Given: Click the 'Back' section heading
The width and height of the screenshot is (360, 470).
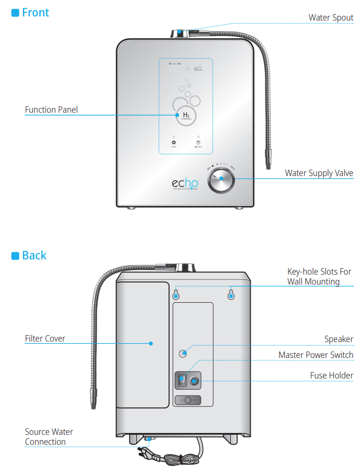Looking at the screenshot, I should point(34,255).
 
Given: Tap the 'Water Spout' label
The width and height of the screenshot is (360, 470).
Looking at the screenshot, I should point(331,18).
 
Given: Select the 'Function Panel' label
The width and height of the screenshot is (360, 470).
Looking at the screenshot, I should point(51,110).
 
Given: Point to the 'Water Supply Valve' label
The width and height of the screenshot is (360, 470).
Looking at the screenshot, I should point(319,173).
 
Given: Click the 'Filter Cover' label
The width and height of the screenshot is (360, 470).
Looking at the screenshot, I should point(45,339).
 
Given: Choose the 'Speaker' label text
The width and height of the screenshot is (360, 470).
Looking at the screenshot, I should point(339,339).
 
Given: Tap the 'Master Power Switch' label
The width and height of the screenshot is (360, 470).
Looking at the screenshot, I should point(315,355).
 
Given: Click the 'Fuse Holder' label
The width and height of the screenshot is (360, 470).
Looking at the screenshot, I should point(331,375).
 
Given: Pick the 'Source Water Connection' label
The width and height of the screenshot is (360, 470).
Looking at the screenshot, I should point(49,437).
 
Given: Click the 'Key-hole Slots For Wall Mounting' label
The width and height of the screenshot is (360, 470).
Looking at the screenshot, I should point(319,277).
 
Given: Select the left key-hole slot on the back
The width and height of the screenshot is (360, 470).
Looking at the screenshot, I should point(176,295).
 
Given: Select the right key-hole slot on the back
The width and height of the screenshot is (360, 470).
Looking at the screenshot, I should point(231,295).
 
